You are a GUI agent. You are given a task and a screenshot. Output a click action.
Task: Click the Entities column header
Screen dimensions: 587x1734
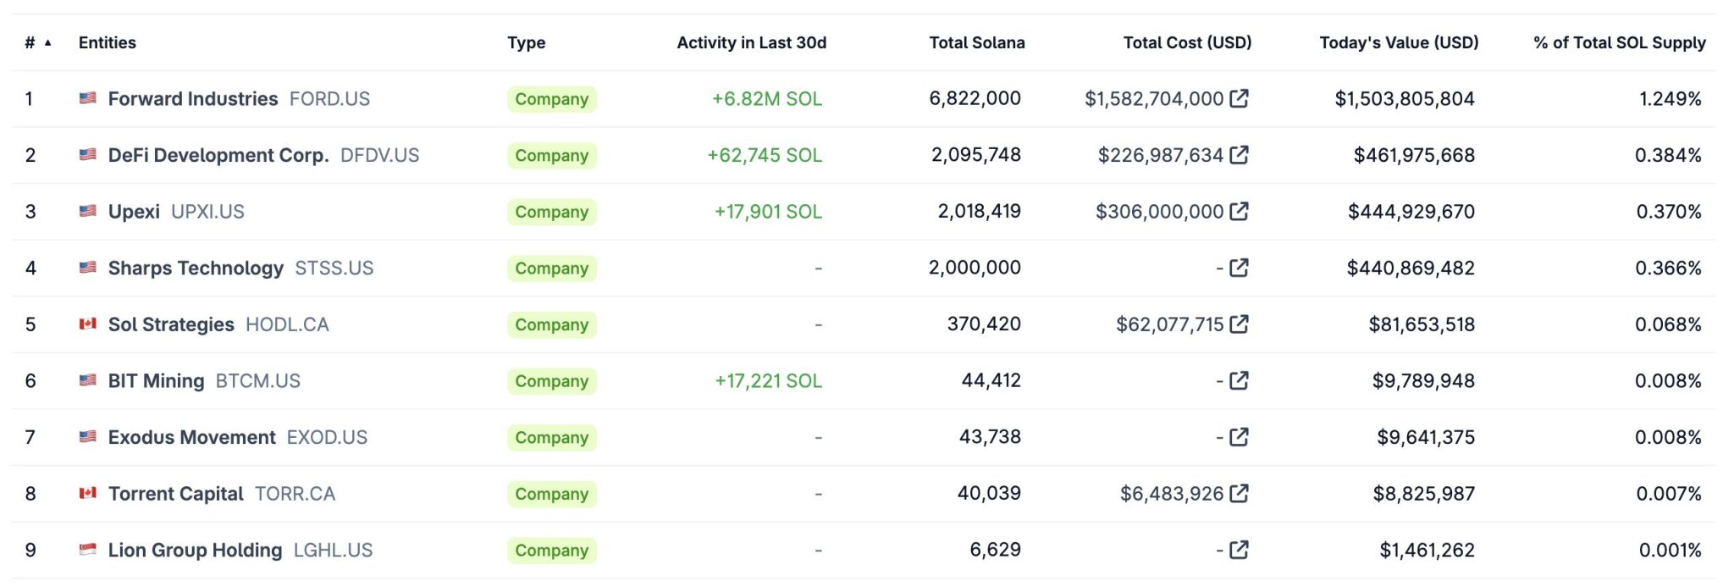point(107,42)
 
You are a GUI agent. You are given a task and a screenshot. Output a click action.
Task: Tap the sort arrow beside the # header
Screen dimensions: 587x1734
point(48,42)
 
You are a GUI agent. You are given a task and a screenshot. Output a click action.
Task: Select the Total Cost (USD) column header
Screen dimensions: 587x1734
point(1186,42)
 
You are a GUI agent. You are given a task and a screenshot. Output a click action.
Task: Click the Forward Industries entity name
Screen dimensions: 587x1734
point(192,99)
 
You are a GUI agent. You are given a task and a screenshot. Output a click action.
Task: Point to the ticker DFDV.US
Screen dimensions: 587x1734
point(379,156)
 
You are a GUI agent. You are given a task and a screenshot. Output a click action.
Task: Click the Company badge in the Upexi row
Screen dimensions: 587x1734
point(551,212)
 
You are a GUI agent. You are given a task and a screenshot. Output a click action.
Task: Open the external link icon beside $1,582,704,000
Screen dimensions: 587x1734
point(1239,98)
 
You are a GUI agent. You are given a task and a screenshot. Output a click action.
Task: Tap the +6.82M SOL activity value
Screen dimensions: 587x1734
point(766,99)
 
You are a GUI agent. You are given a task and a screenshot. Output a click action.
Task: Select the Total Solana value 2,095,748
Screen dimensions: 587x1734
point(975,155)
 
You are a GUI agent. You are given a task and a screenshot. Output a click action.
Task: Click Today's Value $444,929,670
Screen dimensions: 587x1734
point(1411,212)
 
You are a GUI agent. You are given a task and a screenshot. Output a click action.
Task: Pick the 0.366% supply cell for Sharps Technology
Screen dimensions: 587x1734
point(1667,269)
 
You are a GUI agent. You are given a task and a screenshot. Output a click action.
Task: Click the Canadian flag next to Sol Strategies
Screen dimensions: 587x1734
point(87,324)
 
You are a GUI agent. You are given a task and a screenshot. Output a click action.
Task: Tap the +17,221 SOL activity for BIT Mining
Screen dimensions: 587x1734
point(768,381)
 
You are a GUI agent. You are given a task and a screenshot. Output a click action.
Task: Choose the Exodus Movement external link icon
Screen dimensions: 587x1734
point(1239,437)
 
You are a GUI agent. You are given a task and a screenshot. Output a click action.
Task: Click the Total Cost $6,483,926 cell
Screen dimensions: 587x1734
point(1171,494)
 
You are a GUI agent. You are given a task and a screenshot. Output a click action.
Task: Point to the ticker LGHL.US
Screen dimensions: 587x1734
point(333,551)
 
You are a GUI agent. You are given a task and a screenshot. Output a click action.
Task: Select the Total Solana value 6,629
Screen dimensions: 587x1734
point(995,550)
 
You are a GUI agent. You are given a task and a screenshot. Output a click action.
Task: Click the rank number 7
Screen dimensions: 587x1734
point(30,437)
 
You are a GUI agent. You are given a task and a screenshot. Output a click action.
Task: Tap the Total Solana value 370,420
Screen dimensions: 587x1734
point(983,324)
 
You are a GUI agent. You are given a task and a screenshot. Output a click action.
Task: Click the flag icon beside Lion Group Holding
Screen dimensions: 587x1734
point(87,550)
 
